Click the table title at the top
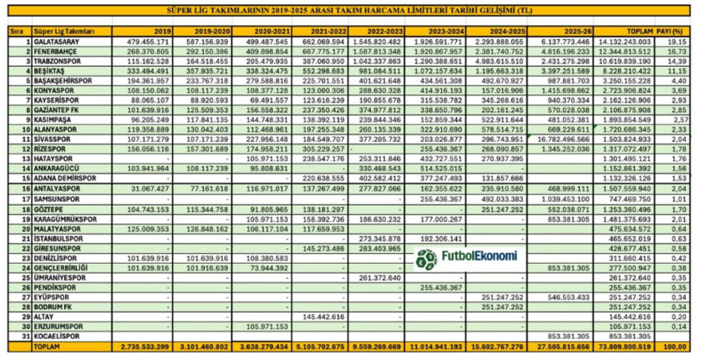click(x=355, y=11)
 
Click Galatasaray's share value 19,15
click(x=686, y=40)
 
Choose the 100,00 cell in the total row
click(x=685, y=346)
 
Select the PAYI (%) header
click(x=686, y=29)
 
